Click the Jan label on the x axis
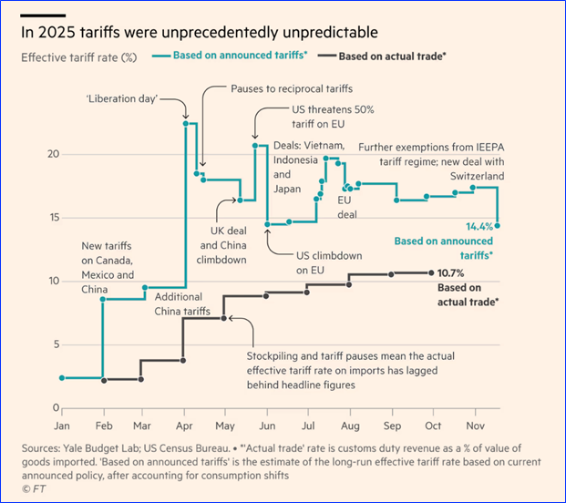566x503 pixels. point(61,426)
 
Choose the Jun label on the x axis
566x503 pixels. point(266,426)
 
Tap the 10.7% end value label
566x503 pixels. point(450,272)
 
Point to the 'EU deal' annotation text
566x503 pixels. point(346,206)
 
